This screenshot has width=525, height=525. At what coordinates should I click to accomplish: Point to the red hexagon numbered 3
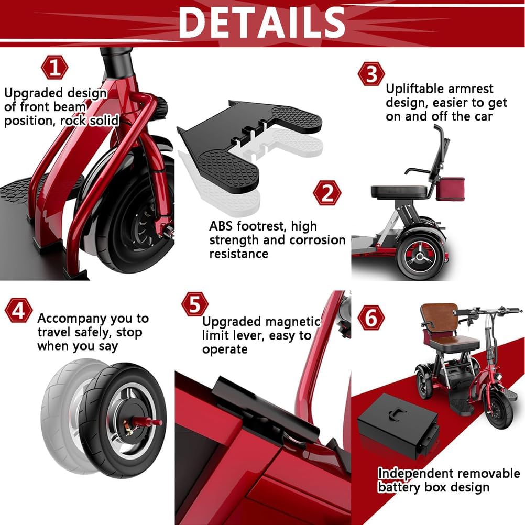point(371,74)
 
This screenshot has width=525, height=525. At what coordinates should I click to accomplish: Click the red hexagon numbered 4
point(18,311)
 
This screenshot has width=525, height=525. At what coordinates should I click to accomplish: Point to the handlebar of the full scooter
point(487,312)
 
